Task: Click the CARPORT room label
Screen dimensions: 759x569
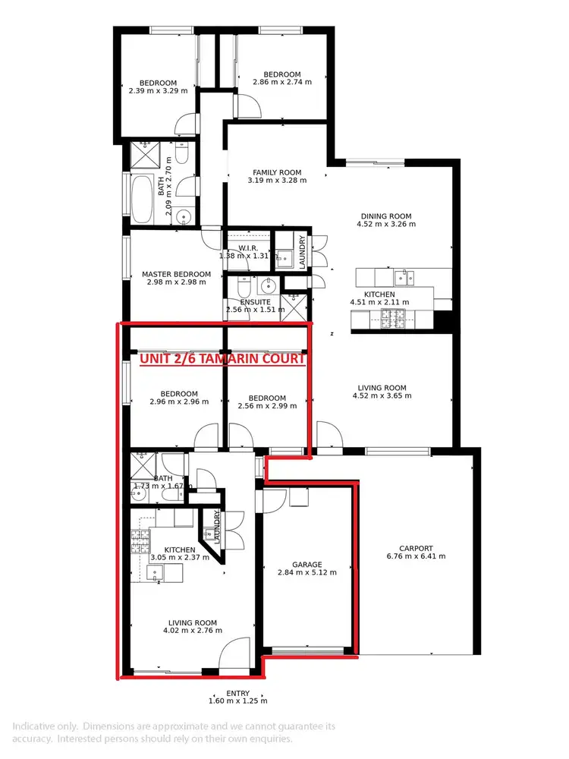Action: tap(417, 548)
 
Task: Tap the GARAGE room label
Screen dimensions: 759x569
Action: tap(309, 565)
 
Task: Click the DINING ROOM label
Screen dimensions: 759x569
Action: tap(385, 215)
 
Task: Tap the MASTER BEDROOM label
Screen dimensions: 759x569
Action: tap(176, 274)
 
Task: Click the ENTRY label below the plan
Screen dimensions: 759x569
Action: tap(237, 693)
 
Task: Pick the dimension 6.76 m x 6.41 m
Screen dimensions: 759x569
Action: tap(417, 556)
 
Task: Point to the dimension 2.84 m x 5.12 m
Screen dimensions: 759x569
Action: tap(309, 574)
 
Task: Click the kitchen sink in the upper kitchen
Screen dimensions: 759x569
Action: tap(404, 277)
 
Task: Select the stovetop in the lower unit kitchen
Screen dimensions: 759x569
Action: tap(140, 541)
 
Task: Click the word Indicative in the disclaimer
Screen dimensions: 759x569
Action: tap(33, 726)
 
